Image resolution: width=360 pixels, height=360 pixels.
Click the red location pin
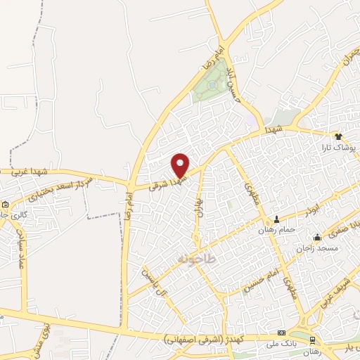tap(181, 165)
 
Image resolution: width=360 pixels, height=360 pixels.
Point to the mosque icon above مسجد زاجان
tap(318, 236)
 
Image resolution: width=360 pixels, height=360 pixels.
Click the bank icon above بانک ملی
tap(282, 332)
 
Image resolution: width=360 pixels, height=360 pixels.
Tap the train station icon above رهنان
tap(312, 340)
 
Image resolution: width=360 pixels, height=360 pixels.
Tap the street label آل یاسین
tap(157, 284)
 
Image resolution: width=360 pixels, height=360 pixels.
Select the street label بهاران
tap(198, 202)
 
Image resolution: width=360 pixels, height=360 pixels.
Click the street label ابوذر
tap(314, 210)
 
